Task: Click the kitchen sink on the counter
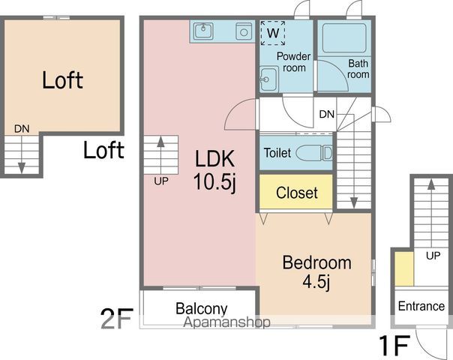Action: coord(204,31)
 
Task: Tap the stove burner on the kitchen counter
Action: coord(244,31)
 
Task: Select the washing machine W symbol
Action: coord(273,33)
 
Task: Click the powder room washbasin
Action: coord(268,79)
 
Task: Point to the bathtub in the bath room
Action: coord(344,38)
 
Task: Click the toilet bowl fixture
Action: coord(314,152)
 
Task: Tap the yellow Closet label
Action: coord(297,193)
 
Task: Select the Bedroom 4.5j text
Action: coord(317,271)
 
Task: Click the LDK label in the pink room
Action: coord(214,158)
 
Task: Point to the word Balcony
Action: coord(202,308)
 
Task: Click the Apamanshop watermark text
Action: coord(226,322)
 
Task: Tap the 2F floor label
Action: coord(117,319)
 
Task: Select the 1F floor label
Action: coord(394,345)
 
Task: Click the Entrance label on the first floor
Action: coord(421,306)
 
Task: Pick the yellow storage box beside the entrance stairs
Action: coord(404,268)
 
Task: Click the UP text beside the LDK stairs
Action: coord(161,181)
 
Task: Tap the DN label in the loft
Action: coord(22,129)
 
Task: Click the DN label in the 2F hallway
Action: coord(327,115)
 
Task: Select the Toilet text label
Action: coord(277,153)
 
